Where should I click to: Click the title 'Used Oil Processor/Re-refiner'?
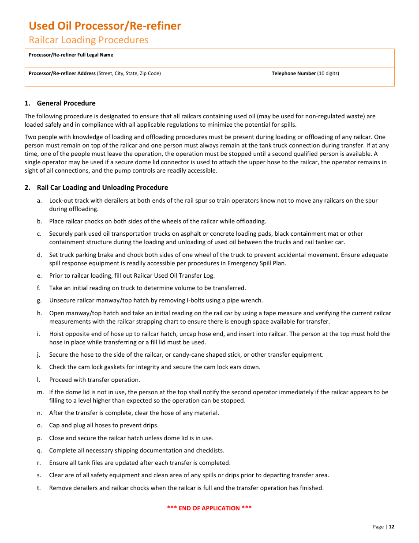(105, 26)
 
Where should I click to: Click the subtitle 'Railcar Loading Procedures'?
(89, 40)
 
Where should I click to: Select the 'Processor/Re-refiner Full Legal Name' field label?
(71, 55)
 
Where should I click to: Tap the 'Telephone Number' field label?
(294, 74)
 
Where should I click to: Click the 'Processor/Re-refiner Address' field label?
(62, 74)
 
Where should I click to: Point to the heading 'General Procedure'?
(66, 103)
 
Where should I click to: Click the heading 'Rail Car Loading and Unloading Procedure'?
(102, 188)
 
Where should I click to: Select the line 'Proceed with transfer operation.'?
(94, 380)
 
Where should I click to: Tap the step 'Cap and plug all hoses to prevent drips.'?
(104, 426)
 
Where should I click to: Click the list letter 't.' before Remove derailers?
(39, 488)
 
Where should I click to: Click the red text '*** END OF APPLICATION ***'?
(209, 508)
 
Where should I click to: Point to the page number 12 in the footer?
(391, 527)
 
